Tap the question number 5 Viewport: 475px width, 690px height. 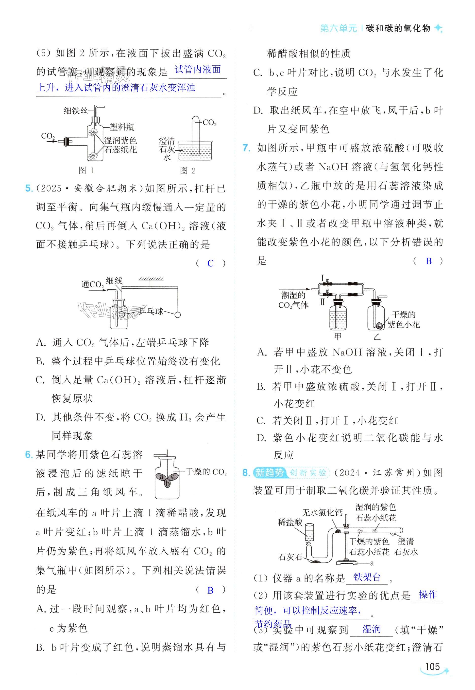point(29,188)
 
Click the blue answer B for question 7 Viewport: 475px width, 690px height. point(429,261)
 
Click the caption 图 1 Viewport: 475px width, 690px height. point(86,170)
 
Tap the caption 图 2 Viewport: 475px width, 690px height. point(187,170)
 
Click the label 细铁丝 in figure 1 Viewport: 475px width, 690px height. point(76,111)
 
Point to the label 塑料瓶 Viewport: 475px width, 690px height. point(122,127)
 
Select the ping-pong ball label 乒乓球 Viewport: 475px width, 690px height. point(151,311)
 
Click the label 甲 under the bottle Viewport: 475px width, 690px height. point(338,337)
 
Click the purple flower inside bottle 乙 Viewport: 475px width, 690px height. point(380,326)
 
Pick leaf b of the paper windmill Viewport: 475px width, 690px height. point(168,483)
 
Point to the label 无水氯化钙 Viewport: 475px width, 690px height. point(322,512)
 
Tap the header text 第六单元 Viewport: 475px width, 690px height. point(339,28)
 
